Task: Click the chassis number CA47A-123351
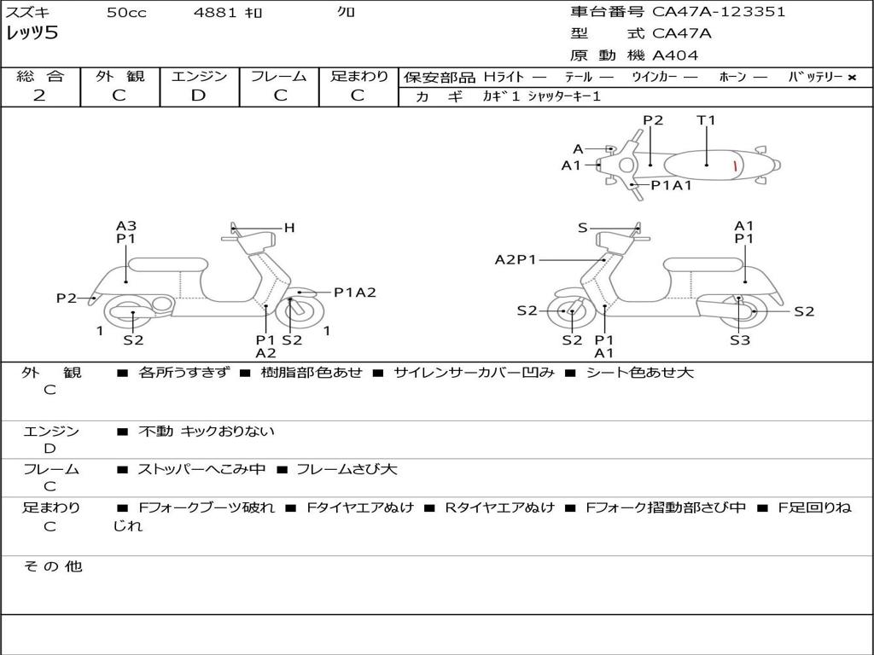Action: pyautogui.click(x=719, y=12)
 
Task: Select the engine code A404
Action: pyautogui.click(x=675, y=55)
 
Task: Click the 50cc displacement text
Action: pyautogui.click(x=126, y=13)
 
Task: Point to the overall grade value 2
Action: pyautogui.click(x=39, y=96)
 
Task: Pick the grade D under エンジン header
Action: pyautogui.click(x=199, y=96)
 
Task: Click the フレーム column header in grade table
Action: pyautogui.click(x=279, y=76)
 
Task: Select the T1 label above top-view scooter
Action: pyautogui.click(x=706, y=120)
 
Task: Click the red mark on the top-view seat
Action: pyautogui.click(x=735, y=165)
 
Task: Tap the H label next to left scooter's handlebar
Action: pyautogui.click(x=289, y=228)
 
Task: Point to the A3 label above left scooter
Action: pyautogui.click(x=126, y=226)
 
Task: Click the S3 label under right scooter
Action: pyautogui.click(x=739, y=340)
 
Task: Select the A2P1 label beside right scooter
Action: pyautogui.click(x=516, y=260)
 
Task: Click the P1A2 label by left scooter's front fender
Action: pyautogui.click(x=354, y=293)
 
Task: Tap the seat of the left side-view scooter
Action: pyautogui.click(x=168, y=264)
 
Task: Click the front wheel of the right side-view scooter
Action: pyautogui.click(x=570, y=312)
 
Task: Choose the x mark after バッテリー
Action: pyautogui.click(x=851, y=78)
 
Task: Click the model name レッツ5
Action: pyautogui.click(x=32, y=33)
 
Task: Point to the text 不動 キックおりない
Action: pyautogui.click(x=207, y=432)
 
